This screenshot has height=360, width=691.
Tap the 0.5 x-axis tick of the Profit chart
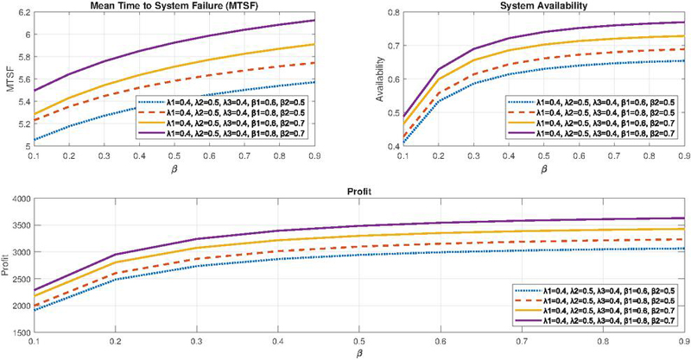(358, 341)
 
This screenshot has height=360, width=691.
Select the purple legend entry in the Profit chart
(596, 321)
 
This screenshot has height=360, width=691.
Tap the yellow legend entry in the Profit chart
(596, 310)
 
